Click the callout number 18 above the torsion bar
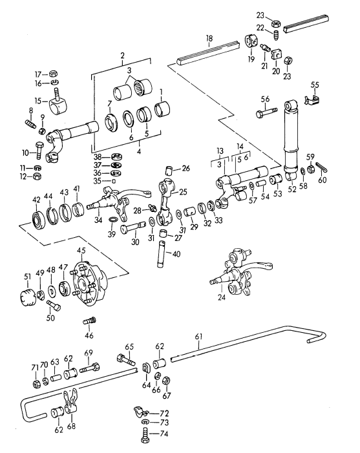click(209, 38)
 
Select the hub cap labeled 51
click(27, 297)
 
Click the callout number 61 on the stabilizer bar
click(199, 337)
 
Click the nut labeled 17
click(54, 74)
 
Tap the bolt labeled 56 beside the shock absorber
click(266, 112)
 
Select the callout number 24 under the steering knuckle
click(221, 297)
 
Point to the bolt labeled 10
click(39, 149)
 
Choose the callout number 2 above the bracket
click(122, 55)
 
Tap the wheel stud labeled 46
click(90, 321)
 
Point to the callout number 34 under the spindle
click(98, 220)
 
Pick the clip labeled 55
click(312, 98)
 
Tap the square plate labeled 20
click(277, 54)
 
